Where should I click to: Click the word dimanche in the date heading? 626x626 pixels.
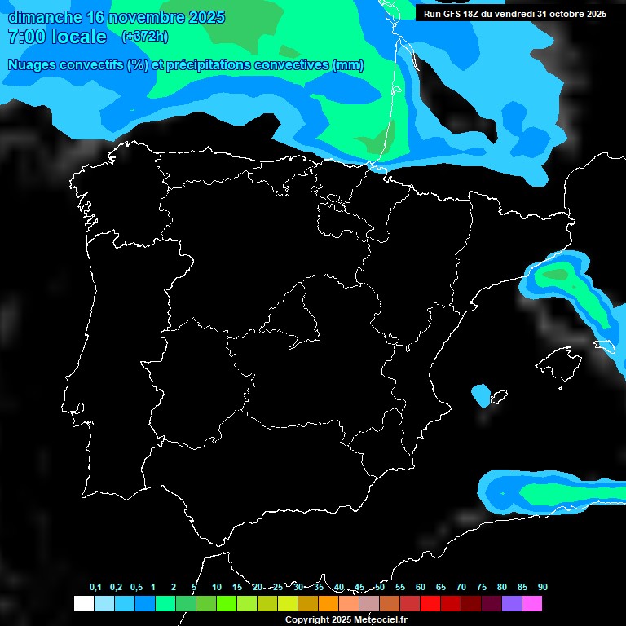tap(44, 17)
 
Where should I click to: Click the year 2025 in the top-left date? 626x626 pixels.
tap(204, 17)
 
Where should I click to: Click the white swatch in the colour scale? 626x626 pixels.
tap(84, 604)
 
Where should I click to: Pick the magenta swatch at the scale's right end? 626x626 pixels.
tap(532, 604)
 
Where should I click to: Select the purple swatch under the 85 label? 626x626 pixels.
tap(512, 604)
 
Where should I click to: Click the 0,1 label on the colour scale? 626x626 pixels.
tap(95, 588)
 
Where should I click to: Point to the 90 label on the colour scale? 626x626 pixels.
tap(543, 588)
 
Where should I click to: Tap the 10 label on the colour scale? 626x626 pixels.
tap(217, 588)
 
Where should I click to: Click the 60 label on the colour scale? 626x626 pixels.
tap(421, 588)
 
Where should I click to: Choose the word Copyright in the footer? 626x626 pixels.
tap(308, 620)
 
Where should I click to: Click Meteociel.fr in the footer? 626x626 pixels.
tap(380, 620)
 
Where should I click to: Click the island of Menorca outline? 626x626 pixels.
tap(604, 346)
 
